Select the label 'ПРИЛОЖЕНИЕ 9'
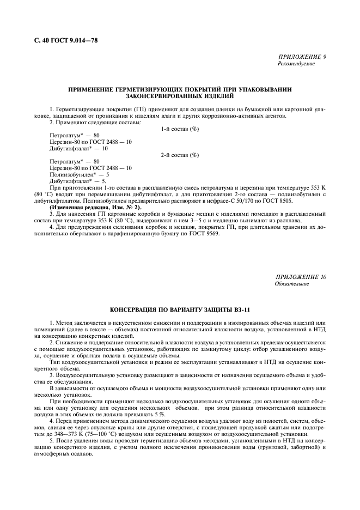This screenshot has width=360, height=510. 302,57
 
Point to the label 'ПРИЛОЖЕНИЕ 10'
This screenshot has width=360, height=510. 301,277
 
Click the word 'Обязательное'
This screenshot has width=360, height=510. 292,284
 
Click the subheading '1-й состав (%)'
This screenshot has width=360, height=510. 180,129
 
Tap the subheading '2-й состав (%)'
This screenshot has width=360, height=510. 180,155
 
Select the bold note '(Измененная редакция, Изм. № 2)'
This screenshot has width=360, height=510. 96,208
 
